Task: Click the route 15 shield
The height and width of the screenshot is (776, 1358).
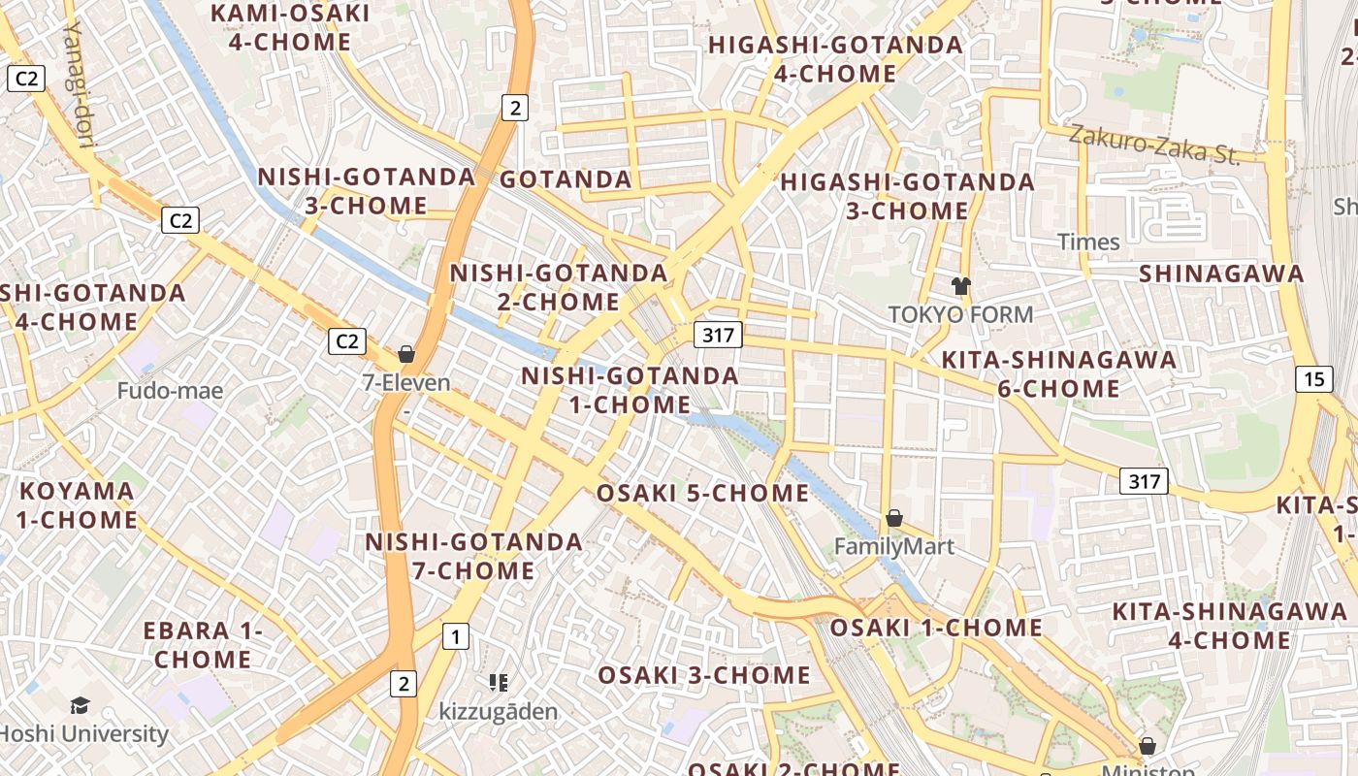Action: [1313, 379]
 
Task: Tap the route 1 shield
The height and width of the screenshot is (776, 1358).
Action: [455, 636]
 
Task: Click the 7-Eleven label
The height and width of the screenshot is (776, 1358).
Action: [406, 382]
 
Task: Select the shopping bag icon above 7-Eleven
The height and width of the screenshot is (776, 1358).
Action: [406, 354]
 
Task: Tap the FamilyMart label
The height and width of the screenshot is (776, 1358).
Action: [894, 547]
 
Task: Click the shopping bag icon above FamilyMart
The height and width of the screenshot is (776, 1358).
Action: [894, 519]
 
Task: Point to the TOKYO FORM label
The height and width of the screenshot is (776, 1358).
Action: [960, 314]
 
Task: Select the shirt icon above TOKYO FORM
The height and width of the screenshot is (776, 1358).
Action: [960, 286]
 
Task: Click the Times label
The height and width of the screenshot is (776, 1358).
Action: [1088, 242]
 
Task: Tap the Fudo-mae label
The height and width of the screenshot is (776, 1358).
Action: [170, 391]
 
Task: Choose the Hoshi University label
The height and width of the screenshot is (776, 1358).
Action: [84, 733]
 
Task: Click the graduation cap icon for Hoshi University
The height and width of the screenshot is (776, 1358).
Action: [80, 705]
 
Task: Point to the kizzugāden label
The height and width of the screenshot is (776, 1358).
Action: [499, 712]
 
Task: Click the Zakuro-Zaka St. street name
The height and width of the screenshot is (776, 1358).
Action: [1154, 145]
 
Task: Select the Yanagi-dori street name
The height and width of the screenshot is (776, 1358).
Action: [79, 82]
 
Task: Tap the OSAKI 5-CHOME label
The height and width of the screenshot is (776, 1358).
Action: [702, 493]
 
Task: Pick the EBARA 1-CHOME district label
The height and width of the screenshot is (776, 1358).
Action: [203, 645]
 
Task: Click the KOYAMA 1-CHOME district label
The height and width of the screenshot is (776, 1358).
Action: [77, 504]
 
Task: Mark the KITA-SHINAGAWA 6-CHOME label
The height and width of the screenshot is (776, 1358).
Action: [1059, 374]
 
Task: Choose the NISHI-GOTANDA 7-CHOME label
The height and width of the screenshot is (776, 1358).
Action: [474, 556]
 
